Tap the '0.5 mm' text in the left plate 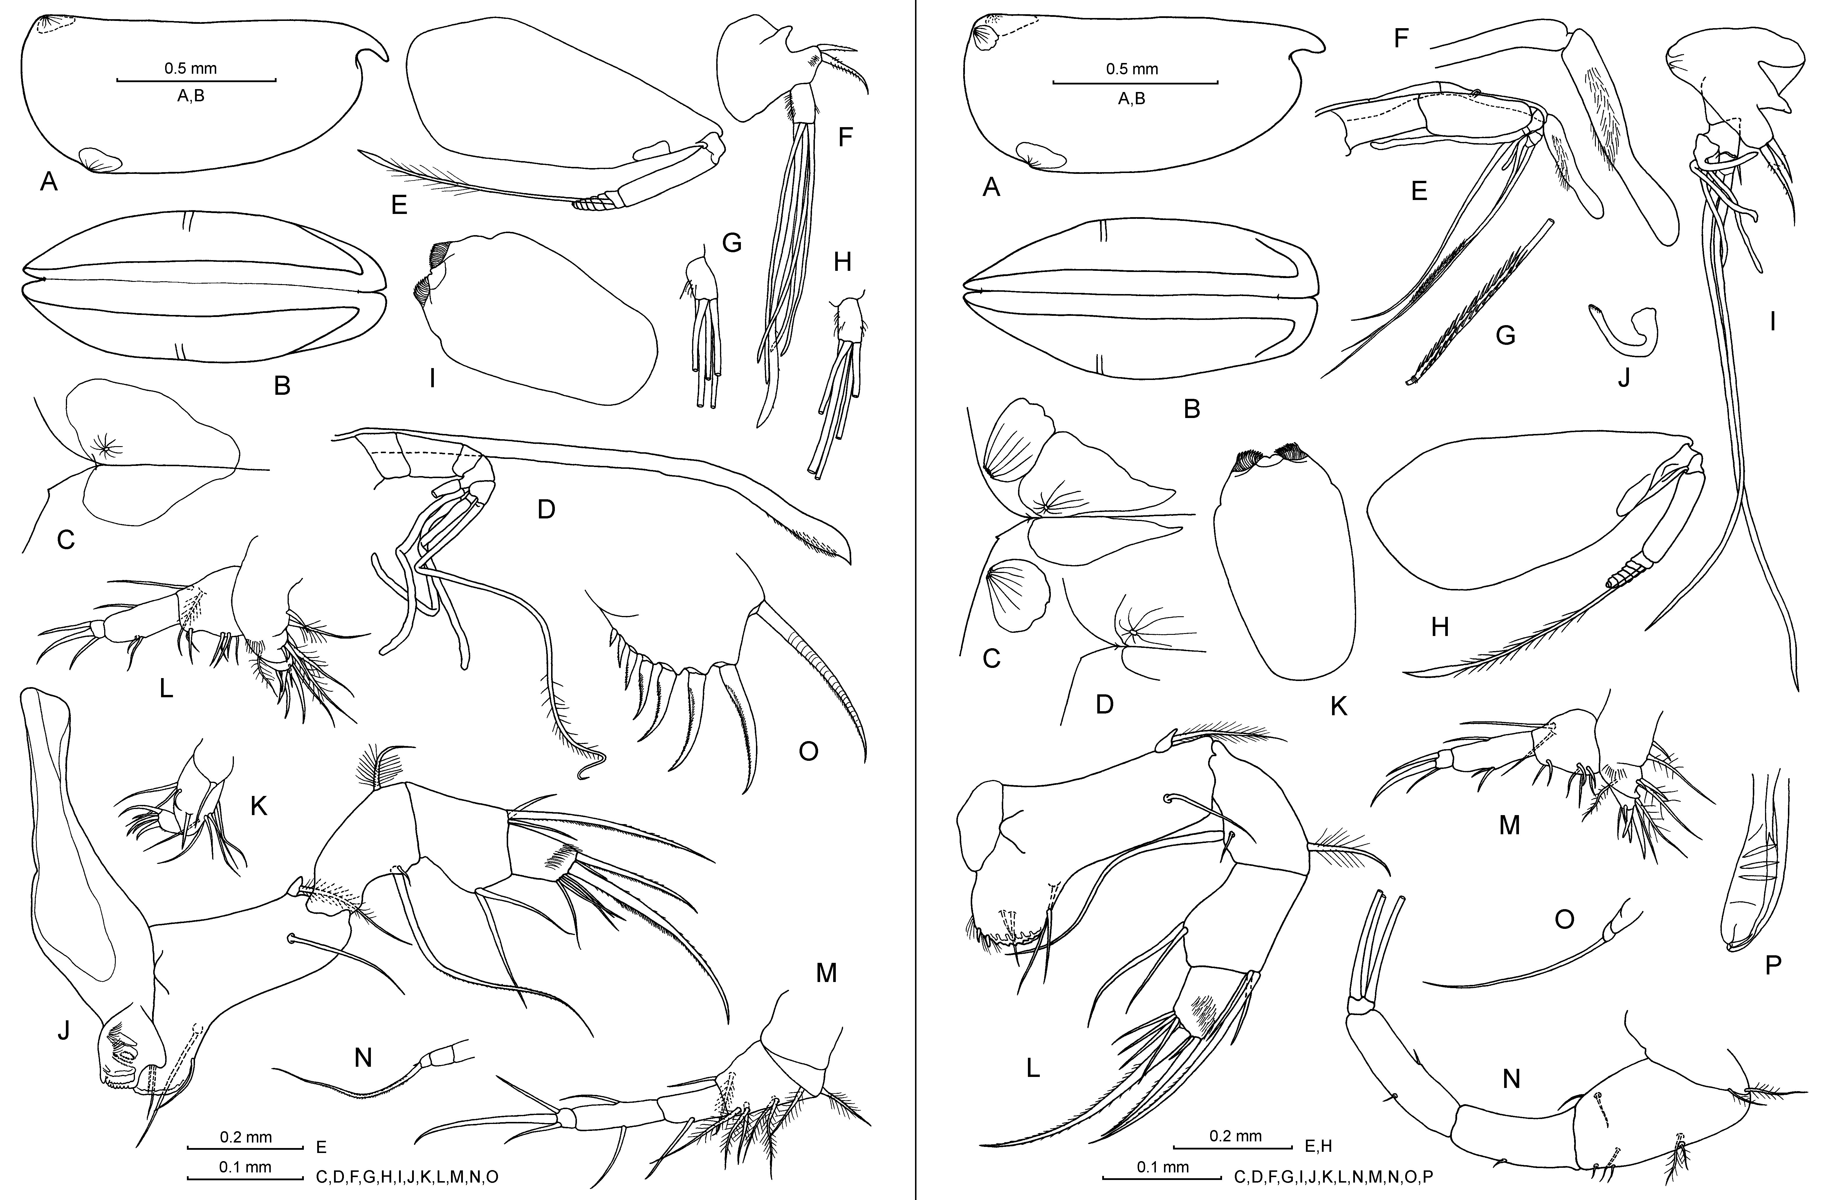click(190, 69)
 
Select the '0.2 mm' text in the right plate click(1236, 1136)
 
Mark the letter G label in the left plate click(732, 244)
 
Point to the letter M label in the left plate click(826, 973)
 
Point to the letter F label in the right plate click(1401, 37)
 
